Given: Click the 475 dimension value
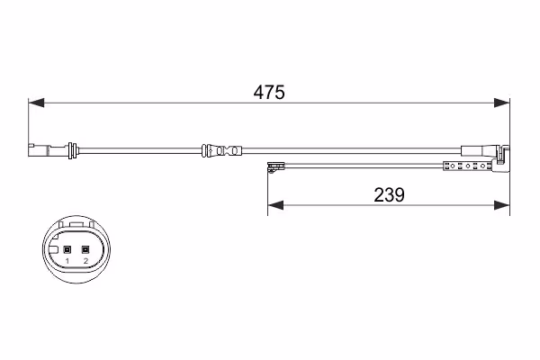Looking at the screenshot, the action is pyautogui.click(x=269, y=93).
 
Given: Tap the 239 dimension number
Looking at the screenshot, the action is pyautogui.click(x=389, y=195).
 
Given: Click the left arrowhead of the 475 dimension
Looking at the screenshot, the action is pyautogui.click(x=36, y=103).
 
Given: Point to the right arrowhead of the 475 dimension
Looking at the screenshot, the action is pyautogui.click(x=501, y=103).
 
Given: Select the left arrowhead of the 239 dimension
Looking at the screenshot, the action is pyautogui.click(x=275, y=205).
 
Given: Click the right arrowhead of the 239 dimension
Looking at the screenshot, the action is pyautogui.click(x=501, y=205).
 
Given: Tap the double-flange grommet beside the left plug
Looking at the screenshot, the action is pyautogui.click(x=72, y=150).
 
